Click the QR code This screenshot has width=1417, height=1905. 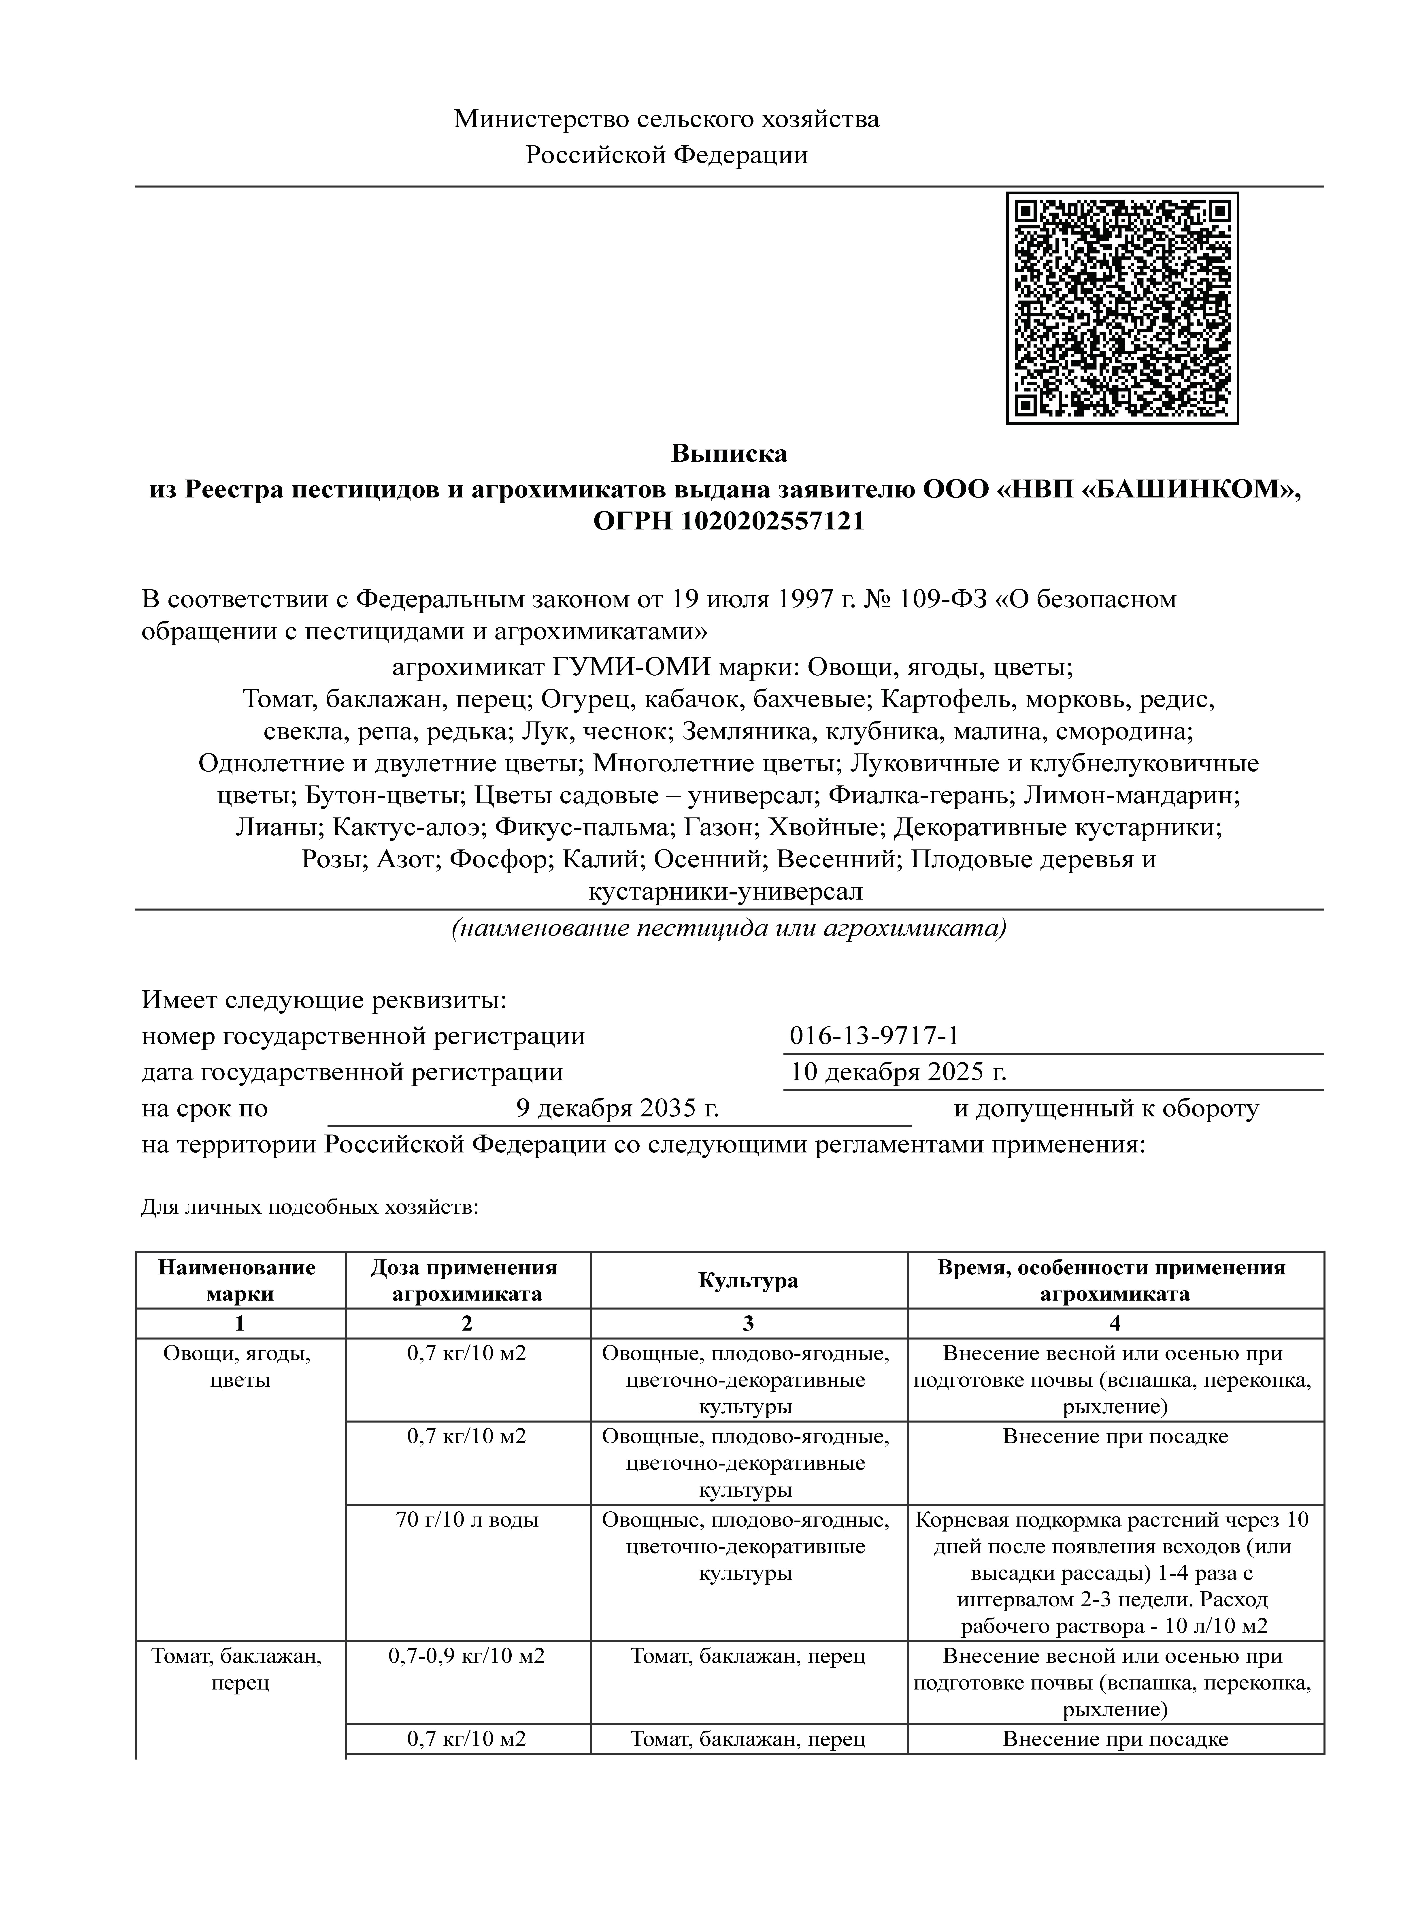[1122, 308]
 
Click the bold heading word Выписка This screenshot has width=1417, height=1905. [728, 452]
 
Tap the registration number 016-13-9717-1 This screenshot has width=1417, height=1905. [873, 1036]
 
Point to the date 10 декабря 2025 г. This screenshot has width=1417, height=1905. [897, 1072]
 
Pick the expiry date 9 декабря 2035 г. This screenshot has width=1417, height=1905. [617, 1109]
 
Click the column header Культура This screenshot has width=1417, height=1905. [748, 1280]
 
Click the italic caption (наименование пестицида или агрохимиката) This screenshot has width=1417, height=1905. [728, 928]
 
